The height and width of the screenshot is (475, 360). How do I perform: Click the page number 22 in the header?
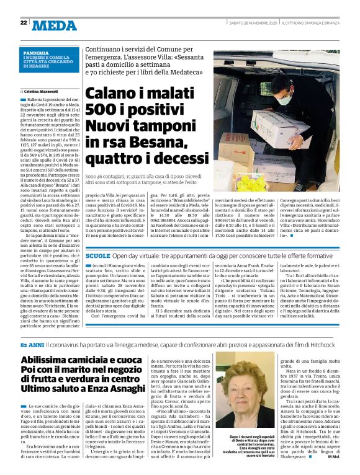24,23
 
